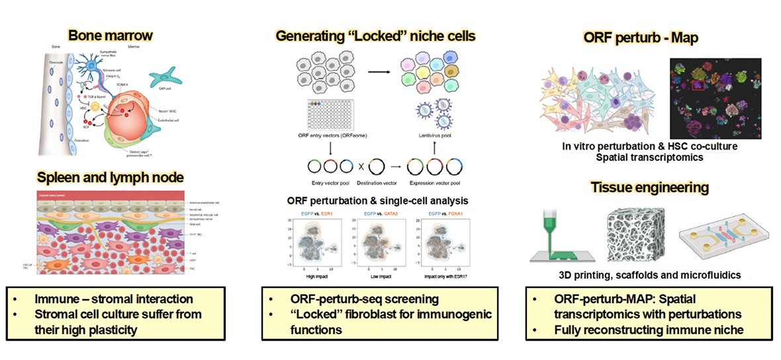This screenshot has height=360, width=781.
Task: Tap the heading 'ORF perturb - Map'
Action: pyautogui.click(x=645, y=38)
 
